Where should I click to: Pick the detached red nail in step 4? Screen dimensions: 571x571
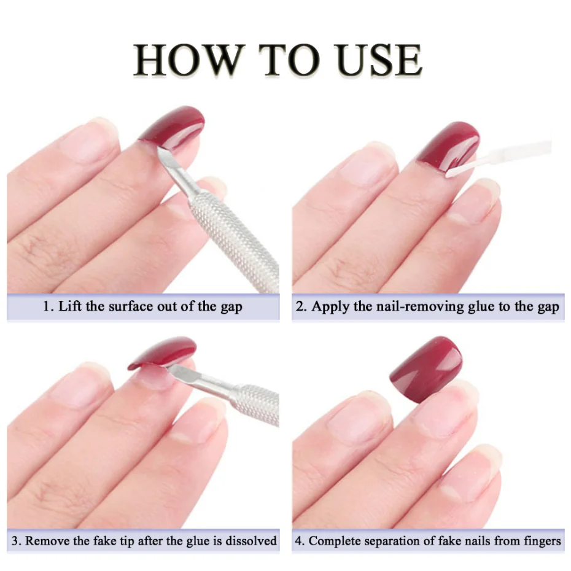click(426, 368)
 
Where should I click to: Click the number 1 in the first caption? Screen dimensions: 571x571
click(46, 306)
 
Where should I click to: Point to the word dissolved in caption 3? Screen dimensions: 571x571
click(251, 541)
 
